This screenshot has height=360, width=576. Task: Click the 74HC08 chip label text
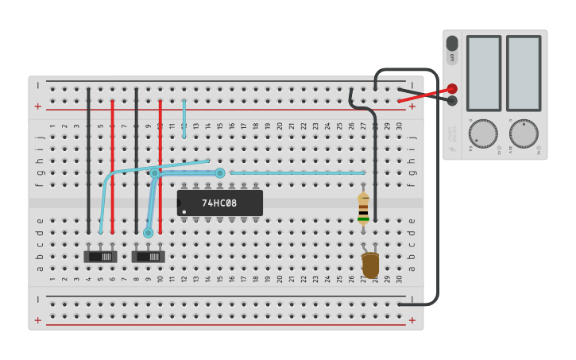tap(219, 203)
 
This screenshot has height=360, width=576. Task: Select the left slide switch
tap(100, 256)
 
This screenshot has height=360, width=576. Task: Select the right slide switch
tap(149, 256)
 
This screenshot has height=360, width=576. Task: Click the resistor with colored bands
tap(363, 209)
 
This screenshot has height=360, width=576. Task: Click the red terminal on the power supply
tap(452, 89)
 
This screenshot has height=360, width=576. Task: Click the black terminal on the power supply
tap(452, 100)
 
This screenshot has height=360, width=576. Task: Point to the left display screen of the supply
tap(483, 73)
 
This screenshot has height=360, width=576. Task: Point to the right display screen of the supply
tap(523, 73)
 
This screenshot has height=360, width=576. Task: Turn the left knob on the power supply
tap(482, 134)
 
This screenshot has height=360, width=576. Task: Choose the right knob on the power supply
tap(523, 134)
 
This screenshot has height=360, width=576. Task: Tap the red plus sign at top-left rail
tap(37, 106)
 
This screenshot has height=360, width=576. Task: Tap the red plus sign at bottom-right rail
tap(412, 319)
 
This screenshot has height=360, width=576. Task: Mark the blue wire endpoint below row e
tap(148, 233)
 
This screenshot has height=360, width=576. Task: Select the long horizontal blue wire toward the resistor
tap(298, 172)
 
